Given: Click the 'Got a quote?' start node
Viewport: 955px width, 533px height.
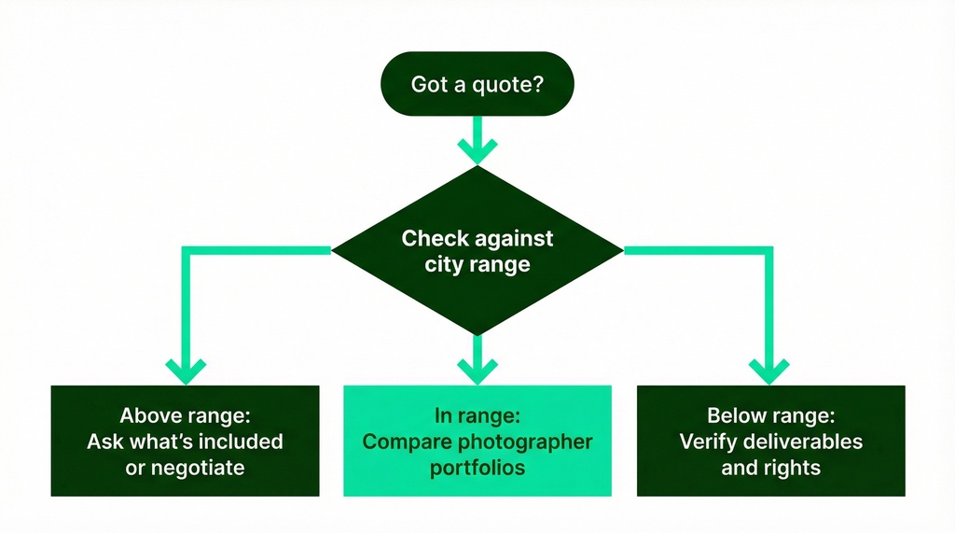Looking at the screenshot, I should click(477, 85).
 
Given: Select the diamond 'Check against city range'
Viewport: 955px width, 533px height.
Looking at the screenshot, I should click(477, 251).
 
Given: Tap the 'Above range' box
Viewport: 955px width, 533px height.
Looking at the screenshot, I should click(185, 441).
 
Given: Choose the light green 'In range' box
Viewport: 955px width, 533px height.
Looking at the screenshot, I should click(477, 441).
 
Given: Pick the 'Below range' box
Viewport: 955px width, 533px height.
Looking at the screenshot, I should click(770, 441).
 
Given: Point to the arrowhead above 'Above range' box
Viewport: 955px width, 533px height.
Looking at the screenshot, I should click(185, 369).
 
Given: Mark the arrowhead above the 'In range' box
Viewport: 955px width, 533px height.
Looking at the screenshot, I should click(477, 369).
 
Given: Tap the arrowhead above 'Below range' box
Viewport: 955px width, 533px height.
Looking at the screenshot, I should click(770, 369).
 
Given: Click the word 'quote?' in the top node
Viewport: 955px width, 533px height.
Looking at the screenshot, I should click(510, 85).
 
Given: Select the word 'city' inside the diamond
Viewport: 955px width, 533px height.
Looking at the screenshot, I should click(442, 264).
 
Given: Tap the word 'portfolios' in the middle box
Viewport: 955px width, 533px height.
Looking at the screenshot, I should click(477, 468).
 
